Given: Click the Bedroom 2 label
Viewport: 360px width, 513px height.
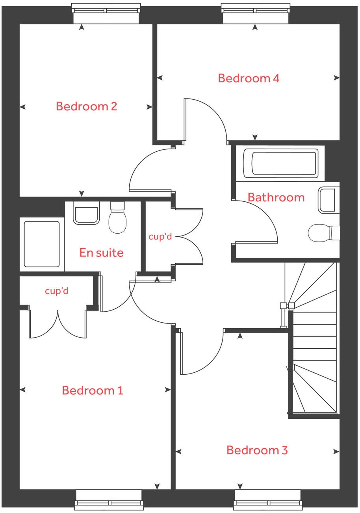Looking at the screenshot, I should coord(86,106).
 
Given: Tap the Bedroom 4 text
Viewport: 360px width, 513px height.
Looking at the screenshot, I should coord(249,78).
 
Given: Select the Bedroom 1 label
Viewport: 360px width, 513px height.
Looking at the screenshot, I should coord(93,390).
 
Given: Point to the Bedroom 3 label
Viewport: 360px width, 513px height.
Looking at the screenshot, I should coord(257,450).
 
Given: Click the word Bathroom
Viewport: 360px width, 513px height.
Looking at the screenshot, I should coord(276,197).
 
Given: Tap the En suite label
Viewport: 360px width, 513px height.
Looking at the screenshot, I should coord(101,253).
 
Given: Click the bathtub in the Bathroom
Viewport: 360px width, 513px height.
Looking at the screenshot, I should coord(280,163).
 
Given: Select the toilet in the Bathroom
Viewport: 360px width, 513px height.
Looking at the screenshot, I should coord(323,232).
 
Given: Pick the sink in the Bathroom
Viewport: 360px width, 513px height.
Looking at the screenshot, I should coord(328,200).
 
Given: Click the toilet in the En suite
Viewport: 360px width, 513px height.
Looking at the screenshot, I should coord(117,219).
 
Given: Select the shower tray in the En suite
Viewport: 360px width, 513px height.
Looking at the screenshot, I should coord(42,244).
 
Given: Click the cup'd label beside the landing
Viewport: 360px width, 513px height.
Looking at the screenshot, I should coord(160,237).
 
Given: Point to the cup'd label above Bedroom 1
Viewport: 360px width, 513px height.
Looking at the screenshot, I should coord(57,291).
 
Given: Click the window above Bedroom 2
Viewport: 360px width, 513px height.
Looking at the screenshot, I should coord(106,8).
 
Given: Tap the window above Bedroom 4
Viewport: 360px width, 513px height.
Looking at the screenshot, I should coord(255,8).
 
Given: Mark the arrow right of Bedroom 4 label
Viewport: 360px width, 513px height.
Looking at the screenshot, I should coord(336,78).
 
